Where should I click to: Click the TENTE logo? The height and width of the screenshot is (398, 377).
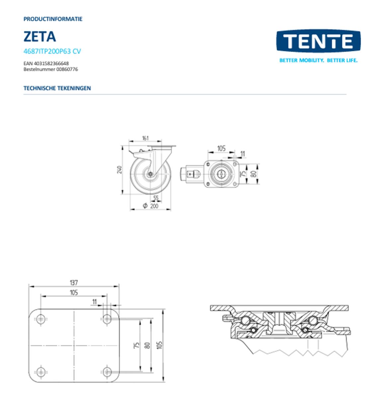[x=318, y=41]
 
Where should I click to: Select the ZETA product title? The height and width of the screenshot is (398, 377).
[x=40, y=36]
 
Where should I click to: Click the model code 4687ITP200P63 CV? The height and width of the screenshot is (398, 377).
[x=52, y=51]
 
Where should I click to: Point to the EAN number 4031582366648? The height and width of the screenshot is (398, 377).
[x=51, y=64]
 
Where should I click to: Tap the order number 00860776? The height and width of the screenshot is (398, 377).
[x=67, y=69]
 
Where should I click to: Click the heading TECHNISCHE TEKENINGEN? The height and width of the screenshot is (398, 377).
[x=57, y=88]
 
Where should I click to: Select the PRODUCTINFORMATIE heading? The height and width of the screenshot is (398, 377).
[x=53, y=19]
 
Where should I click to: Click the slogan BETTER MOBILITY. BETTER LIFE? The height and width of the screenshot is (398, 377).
[x=319, y=60]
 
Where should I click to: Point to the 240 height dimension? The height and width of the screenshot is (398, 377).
[x=120, y=169]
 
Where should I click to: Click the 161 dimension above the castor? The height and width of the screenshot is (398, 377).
[x=145, y=138]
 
